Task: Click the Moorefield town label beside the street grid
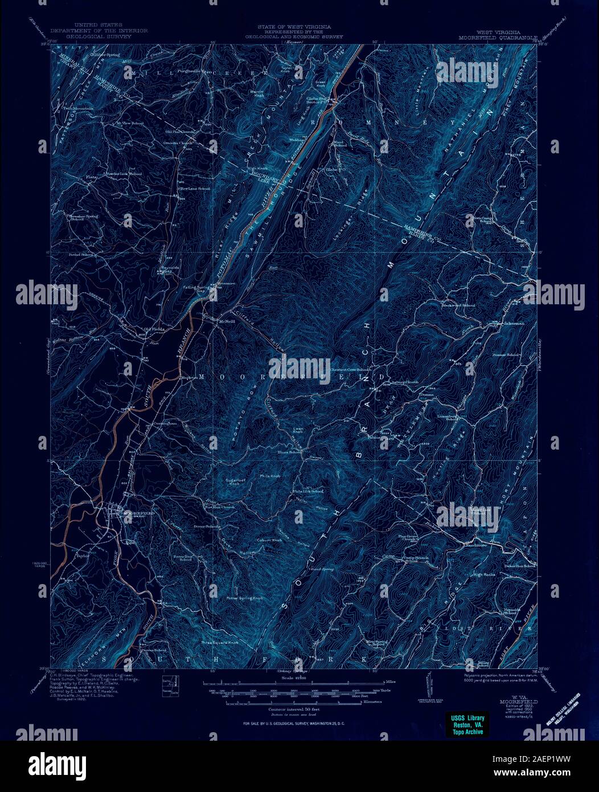point(139,513)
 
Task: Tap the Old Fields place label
point(154,329)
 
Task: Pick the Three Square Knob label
point(219,642)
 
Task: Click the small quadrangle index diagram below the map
point(170,685)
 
